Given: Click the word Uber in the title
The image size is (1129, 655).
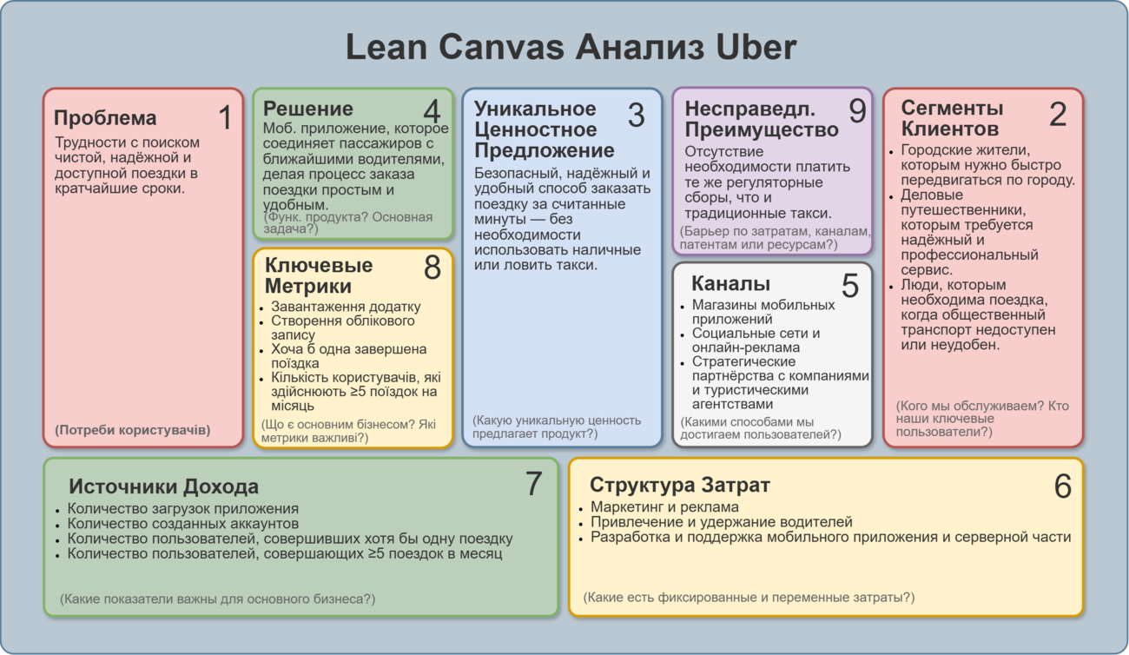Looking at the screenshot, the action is (x=756, y=47).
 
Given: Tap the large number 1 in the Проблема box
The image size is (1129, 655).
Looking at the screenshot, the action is (x=225, y=117).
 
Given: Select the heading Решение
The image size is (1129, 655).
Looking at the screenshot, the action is (x=308, y=109).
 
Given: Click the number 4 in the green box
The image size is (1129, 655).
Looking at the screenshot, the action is (x=432, y=111).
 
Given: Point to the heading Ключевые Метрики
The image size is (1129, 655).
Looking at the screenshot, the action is (x=319, y=275).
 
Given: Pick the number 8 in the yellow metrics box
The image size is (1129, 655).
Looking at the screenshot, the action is (x=432, y=268).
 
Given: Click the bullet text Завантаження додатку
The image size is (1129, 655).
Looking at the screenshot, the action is (x=346, y=306).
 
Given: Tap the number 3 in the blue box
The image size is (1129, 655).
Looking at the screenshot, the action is (x=636, y=115).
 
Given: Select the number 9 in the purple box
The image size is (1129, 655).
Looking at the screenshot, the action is (x=857, y=110).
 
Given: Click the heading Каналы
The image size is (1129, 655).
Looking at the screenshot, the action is (x=731, y=283).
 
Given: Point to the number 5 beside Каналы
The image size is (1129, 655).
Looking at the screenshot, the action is (x=850, y=286).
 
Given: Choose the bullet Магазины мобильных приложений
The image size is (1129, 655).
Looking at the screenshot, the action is (x=763, y=312).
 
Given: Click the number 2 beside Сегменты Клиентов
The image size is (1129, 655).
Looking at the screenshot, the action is (x=1058, y=114).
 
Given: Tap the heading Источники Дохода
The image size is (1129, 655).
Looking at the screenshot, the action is (x=164, y=486).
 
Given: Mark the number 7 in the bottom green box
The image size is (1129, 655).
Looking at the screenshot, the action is (x=533, y=483).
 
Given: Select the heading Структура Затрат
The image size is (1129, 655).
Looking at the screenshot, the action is (x=680, y=485).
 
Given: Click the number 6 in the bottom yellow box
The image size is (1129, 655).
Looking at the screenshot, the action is (x=1062, y=486).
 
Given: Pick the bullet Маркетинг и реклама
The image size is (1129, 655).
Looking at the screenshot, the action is (x=664, y=506).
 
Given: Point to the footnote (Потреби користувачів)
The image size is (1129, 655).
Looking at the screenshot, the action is (x=133, y=430).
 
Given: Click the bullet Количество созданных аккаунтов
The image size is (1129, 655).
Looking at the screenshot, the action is (x=183, y=524).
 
